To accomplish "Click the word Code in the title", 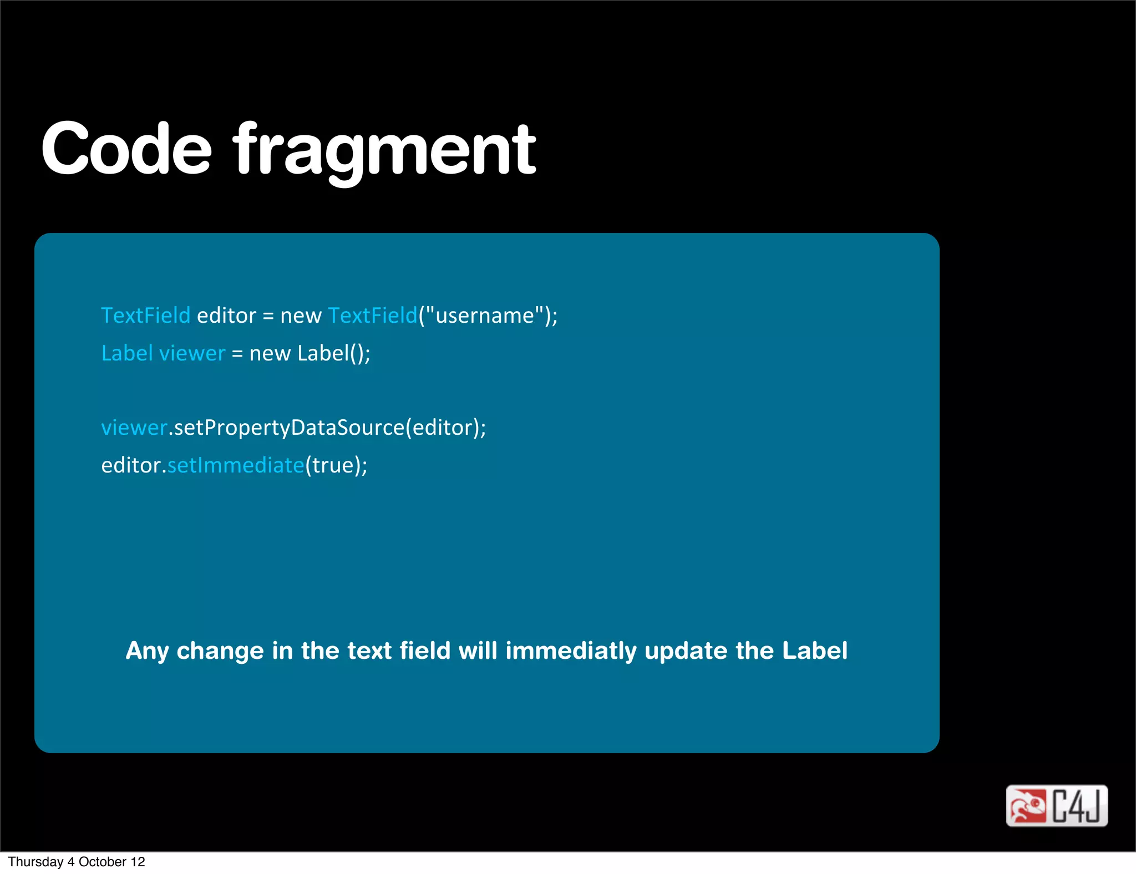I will (126, 149).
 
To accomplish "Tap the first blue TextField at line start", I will (145, 316).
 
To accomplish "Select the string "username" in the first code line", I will (485, 316).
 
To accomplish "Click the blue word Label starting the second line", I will (126, 353).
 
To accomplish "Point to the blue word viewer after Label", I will (192, 353).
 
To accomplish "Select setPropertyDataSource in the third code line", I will (288, 428).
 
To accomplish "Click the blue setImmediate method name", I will (236, 465).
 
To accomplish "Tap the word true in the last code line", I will (332, 465).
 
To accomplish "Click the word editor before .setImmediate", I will (131, 465).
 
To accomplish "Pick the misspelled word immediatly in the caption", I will (571, 651).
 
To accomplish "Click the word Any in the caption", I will (147, 651).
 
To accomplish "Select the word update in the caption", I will (686, 651).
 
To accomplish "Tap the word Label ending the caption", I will (814, 651).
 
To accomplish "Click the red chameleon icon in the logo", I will (1027, 806).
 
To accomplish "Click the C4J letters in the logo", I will (1077, 806).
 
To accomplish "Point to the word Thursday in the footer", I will (35, 862).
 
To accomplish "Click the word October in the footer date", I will (103, 862).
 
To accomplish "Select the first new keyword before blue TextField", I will (301, 316).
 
